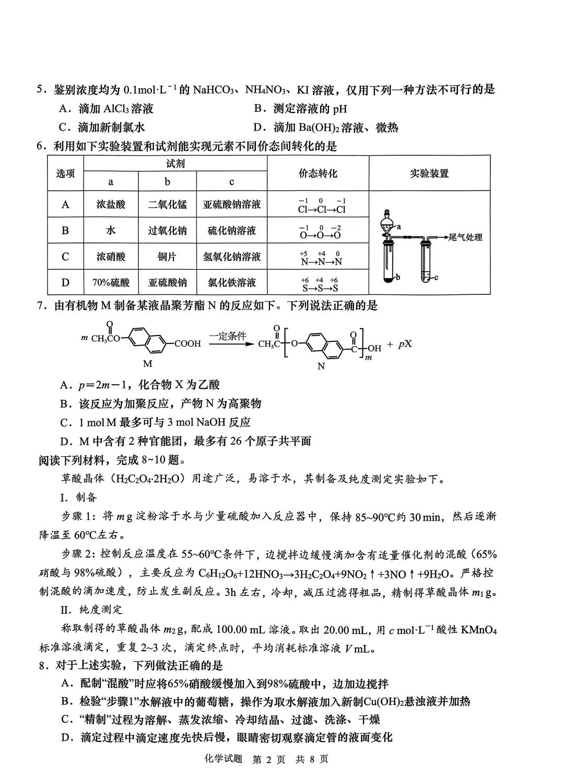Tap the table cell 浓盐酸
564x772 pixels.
tap(110, 204)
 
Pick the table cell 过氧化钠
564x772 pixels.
tap(167, 231)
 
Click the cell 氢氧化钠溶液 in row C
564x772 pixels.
tap(231, 257)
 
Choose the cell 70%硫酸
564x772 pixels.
tap(110, 283)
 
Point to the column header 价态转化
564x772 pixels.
tap(318, 174)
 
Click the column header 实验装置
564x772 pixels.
tap(429, 174)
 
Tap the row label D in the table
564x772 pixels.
tap(65, 283)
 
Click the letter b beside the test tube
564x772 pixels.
tap(397, 276)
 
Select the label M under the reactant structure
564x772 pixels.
tap(148, 363)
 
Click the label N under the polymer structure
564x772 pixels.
tap(321, 366)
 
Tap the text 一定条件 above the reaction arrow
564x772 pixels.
tap(227, 336)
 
